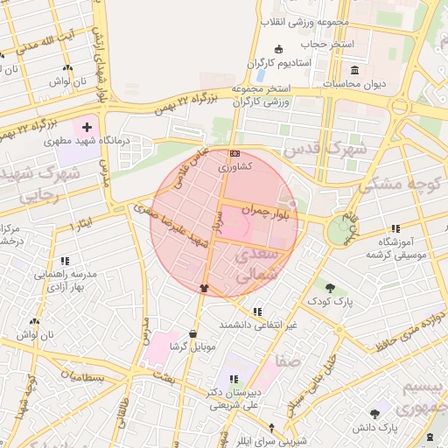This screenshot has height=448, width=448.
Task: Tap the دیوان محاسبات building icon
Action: click(x=354, y=70)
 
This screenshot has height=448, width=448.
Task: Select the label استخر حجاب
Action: click(x=325, y=43)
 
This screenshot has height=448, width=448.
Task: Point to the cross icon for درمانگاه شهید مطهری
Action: click(x=87, y=127)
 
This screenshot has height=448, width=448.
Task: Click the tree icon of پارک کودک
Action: click(x=329, y=288)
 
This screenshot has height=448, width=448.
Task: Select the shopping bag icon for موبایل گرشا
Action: click(x=192, y=334)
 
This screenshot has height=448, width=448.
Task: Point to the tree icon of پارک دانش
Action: click(x=375, y=414)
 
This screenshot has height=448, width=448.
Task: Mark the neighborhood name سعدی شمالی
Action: click(x=257, y=263)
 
